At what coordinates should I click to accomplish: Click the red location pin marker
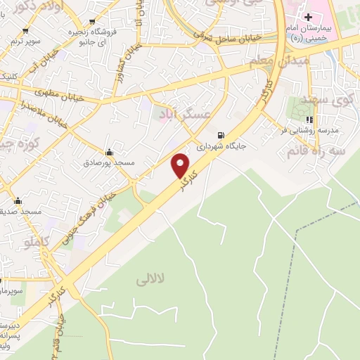coord(181,165)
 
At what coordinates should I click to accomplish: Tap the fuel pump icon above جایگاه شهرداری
coord(222,136)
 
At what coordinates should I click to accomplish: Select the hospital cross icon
coord(309,17)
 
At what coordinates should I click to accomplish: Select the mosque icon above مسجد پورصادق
coord(109,152)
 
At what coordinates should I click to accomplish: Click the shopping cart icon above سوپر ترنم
coord(26,30)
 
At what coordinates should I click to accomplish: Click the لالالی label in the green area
coord(152,278)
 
